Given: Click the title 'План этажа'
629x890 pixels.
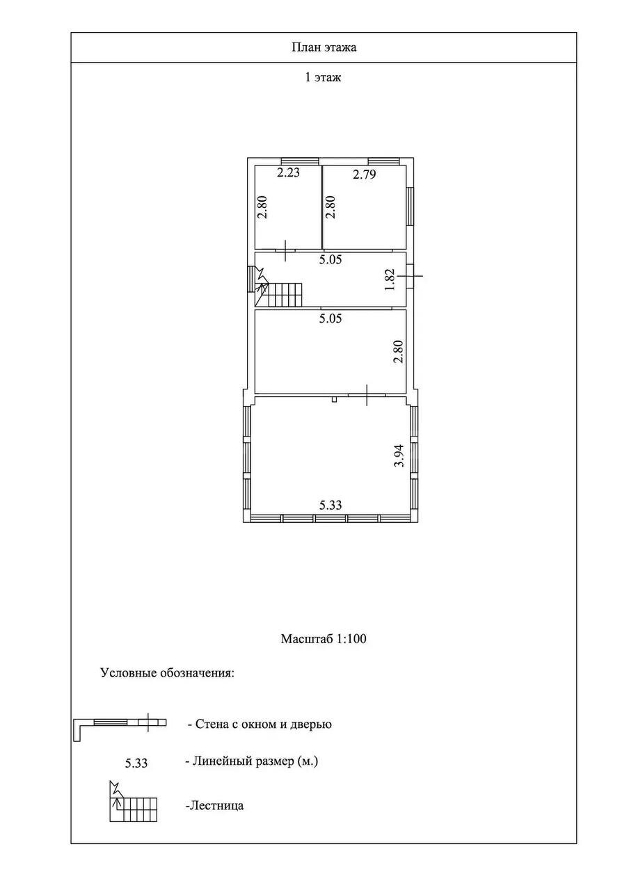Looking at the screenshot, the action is (x=324, y=48).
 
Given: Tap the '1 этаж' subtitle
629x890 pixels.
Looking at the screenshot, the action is (x=322, y=77).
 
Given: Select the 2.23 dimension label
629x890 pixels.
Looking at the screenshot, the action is (x=288, y=172).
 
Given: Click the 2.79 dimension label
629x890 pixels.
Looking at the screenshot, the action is (x=364, y=174).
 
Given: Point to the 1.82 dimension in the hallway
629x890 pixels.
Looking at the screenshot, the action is (x=390, y=280).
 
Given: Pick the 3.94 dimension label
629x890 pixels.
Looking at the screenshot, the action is (x=399, y=455).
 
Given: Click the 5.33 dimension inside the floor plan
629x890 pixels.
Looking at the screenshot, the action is (x=331, y=505).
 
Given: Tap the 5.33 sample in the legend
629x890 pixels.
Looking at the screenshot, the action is (x=136, y=763).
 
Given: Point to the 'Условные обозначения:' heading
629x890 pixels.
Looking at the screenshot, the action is (x=168, y=673).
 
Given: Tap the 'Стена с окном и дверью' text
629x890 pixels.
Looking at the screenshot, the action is (x=260, y=724).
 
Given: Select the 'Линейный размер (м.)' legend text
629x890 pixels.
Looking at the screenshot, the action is (x=252, y=761).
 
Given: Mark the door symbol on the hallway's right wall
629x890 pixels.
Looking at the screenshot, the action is (x=411, y=275).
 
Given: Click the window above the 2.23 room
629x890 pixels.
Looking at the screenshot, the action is (x=300, y=161).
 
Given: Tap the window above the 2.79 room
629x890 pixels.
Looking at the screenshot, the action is (x=383, y=161).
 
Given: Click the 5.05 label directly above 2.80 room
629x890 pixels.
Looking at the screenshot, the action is (x=331, y=318).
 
